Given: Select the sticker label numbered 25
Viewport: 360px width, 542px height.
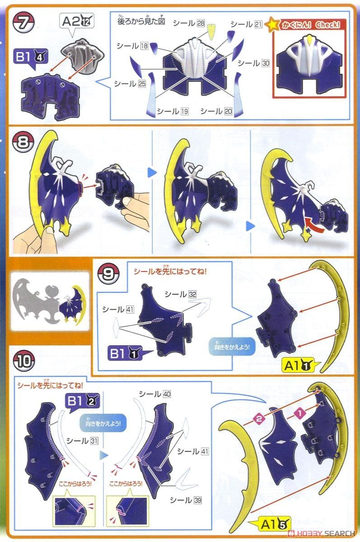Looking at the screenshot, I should (129, 84).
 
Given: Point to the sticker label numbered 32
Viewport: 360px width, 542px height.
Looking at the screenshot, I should (180, 294).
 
